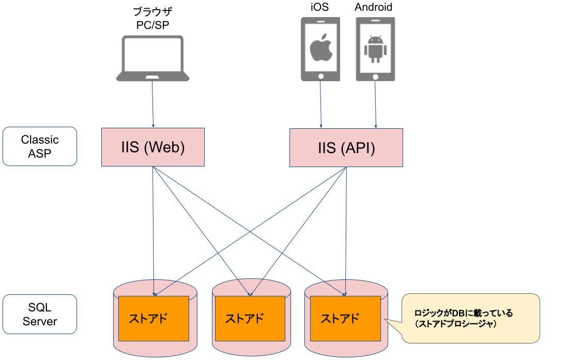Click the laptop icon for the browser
(x=152, y=58)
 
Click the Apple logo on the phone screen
(x=320, y=48)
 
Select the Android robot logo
(x=375, y=49)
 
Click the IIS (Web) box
(x=153, y=147)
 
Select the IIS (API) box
(x=346, y=148)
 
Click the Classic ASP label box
(x=40, y=146)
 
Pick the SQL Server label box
(x=40, y=314)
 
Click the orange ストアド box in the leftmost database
(x=154, y=318)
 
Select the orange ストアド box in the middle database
(x=250, y=318)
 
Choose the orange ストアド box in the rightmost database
(x=345, y=318)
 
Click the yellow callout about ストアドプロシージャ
(x=470, y=319)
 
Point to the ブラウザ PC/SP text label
(x=152, y=19)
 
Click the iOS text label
(x=319, y=7)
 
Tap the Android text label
(x=373, y=7)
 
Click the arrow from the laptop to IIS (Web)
(x=152, y=103)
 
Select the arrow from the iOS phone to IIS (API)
(x=321, y=103)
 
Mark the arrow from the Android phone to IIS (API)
(x=375, y=103)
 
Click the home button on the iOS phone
(x=320, y=76)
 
